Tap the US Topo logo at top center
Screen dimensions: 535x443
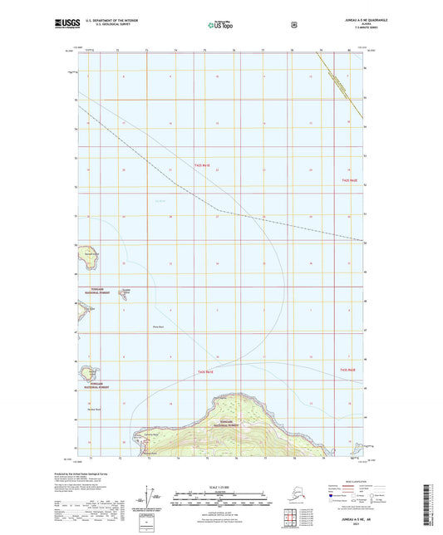tap(221, 26)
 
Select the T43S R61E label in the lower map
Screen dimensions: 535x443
tap(207, 372)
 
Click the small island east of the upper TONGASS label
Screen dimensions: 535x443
tap(126, 290)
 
